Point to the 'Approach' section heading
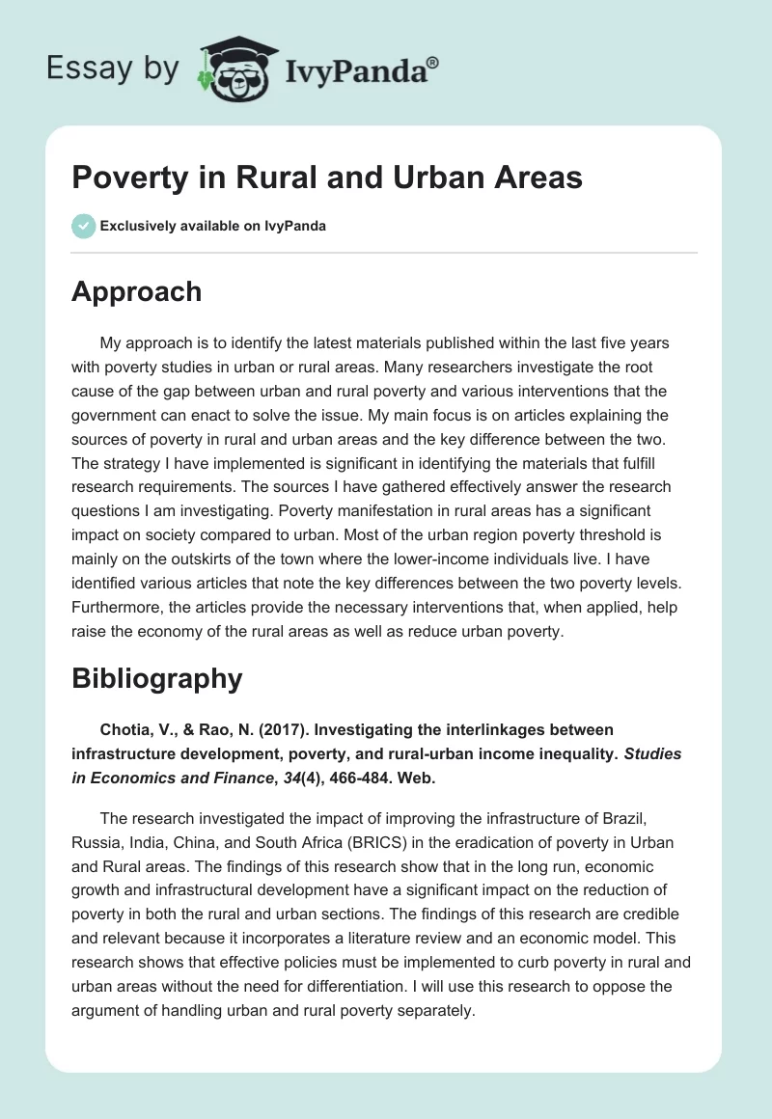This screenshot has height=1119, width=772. click(x=136, y=291)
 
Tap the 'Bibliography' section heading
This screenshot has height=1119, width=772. click(x=156, y=678)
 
